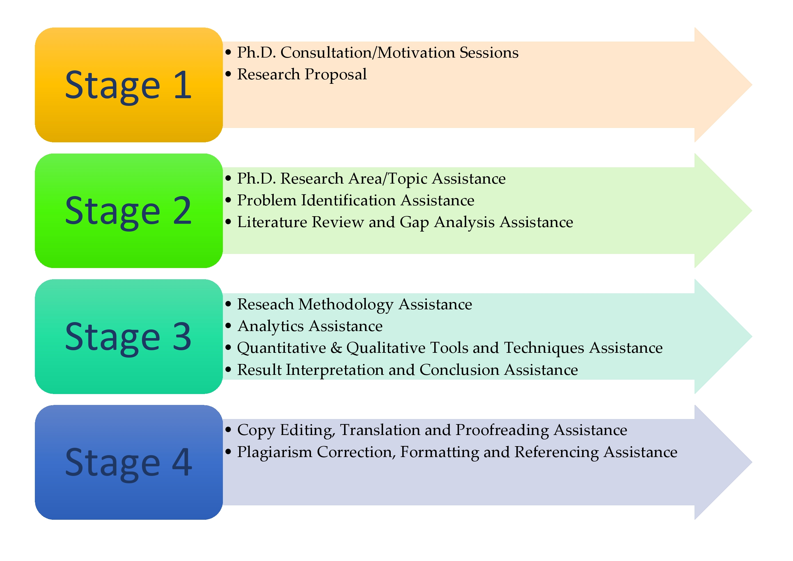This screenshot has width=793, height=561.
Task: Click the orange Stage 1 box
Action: (129, 85)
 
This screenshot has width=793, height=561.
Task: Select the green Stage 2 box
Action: (129, 211)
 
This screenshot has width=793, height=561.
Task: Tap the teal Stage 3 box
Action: (129, 336)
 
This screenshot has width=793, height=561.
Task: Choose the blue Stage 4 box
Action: (129, 462)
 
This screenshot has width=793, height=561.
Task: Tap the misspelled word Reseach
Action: (265, 304)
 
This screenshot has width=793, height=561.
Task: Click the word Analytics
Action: (271, 327)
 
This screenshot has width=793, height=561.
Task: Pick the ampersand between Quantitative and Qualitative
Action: (336, 348)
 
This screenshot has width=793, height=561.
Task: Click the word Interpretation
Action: (335, 370)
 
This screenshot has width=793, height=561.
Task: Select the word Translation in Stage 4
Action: (380, 431)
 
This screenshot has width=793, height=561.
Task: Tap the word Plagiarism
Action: (275, 453)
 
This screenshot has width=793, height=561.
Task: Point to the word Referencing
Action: (556, 453)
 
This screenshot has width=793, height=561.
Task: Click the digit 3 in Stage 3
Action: (182, 336)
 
